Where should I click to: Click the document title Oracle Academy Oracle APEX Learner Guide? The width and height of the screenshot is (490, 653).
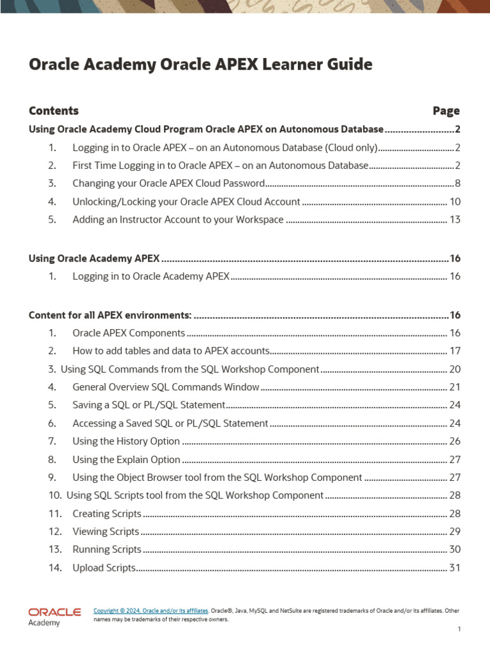pos(200,65)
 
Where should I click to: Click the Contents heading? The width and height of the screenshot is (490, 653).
pos(54,111)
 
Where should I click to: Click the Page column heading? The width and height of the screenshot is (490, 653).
pos(445,111)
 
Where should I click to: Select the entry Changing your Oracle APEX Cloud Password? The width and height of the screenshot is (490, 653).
pos(168,184)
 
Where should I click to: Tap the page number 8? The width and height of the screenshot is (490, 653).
pos(457,184)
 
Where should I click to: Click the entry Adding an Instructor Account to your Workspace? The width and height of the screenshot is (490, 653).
pos(178,219)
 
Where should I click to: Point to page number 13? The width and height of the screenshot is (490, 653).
pos(455,219)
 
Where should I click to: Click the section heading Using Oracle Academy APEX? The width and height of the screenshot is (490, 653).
pos(94,258)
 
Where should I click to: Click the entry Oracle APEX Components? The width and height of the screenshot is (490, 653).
pos(129,333)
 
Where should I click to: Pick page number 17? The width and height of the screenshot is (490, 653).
pos(455,351)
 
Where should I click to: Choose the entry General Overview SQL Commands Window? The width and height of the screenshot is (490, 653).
pos(166,386)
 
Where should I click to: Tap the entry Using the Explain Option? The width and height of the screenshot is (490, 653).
pos(126,459)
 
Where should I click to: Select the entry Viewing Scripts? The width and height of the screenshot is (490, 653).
pos(106,531)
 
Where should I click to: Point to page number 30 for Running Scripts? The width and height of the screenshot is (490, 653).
pos(455,549)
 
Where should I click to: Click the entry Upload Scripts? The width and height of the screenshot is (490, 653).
pos(104,568)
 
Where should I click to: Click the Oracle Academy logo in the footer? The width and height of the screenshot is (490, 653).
pos(54,617)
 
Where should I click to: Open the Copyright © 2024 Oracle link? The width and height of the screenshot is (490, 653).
pos(151,611)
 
